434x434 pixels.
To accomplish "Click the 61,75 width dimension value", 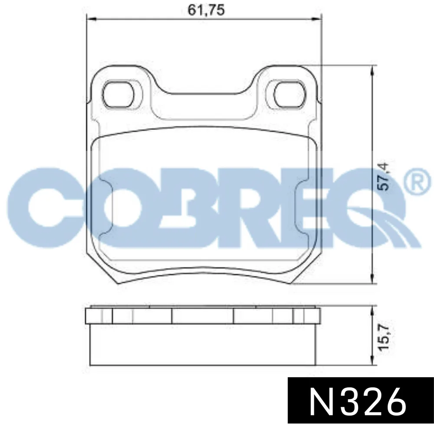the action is (x=206, y=10).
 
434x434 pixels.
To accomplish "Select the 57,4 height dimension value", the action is (x=383, y=177).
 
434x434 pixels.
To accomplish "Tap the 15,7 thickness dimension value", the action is (x=384, y=337).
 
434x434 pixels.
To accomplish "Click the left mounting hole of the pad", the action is (x=118, y=94).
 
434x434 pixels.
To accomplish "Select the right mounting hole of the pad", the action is (x=289, y=94).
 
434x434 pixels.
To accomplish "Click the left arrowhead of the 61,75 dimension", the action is (x=91, y=19).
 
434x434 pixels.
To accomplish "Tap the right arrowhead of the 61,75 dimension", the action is (x=317, y=19).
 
